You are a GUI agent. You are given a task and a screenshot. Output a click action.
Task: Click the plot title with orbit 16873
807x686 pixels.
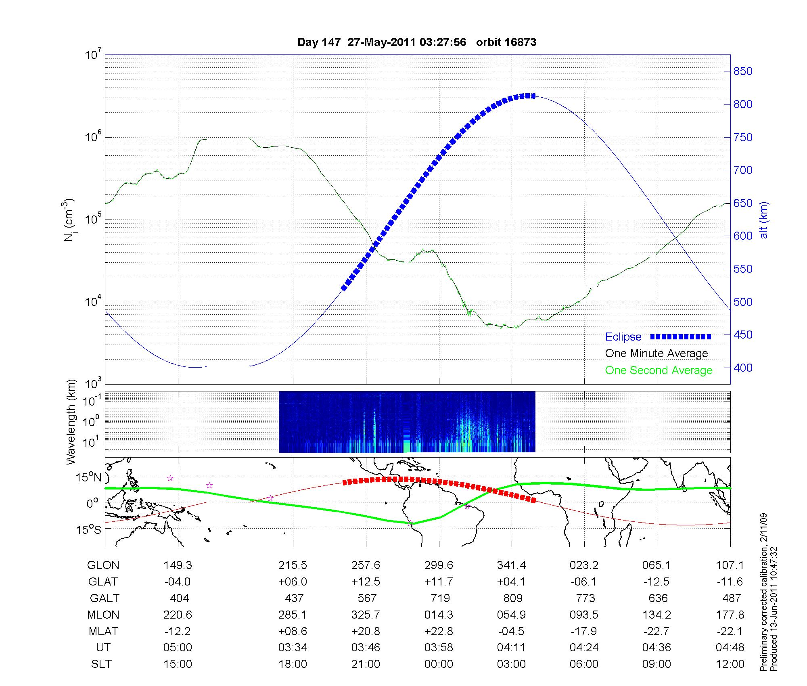point(416,42)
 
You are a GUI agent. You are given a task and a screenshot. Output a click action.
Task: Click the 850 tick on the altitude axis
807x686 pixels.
point(743,71)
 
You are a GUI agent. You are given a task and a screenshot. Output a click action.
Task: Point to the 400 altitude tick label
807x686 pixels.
point(743,368)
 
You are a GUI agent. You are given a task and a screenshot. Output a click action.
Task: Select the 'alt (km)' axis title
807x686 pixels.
point(763,220)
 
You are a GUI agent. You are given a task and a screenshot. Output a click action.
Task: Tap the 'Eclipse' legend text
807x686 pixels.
point(623,337)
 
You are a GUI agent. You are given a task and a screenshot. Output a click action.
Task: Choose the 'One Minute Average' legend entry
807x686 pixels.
point(656,353)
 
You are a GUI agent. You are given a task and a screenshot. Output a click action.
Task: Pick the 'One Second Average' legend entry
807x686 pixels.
point(659,370)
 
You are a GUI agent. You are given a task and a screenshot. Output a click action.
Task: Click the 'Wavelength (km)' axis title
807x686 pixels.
point(71,422)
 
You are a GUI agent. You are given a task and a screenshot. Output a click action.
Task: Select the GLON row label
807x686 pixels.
point(103,565)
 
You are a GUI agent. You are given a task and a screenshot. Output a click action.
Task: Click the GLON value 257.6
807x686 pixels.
point(366,565)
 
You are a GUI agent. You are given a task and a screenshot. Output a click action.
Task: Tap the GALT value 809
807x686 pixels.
point(513,598)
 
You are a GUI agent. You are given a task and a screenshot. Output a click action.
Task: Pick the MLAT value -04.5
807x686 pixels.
point(511,631)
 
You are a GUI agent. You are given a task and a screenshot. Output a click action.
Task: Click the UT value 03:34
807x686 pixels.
point(293,648)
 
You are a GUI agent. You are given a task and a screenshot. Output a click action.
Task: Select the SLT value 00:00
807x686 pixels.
point(439,664)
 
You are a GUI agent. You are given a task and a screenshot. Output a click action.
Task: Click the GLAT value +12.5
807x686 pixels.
point(366,582)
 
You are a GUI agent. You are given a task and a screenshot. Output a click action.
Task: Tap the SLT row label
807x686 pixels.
point(101,664)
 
